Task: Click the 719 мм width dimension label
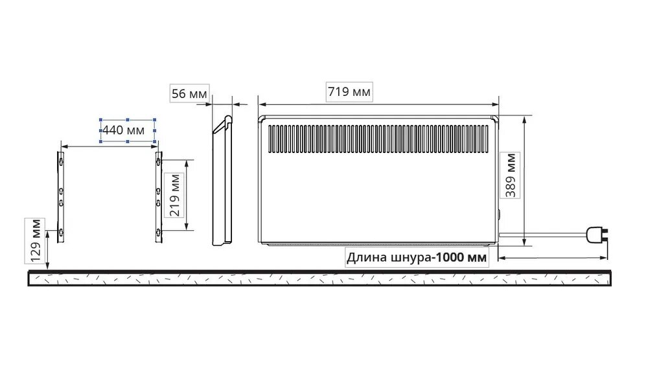point(349,92)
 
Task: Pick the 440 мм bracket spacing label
point(128,130)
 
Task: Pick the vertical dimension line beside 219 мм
point(187,194)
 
